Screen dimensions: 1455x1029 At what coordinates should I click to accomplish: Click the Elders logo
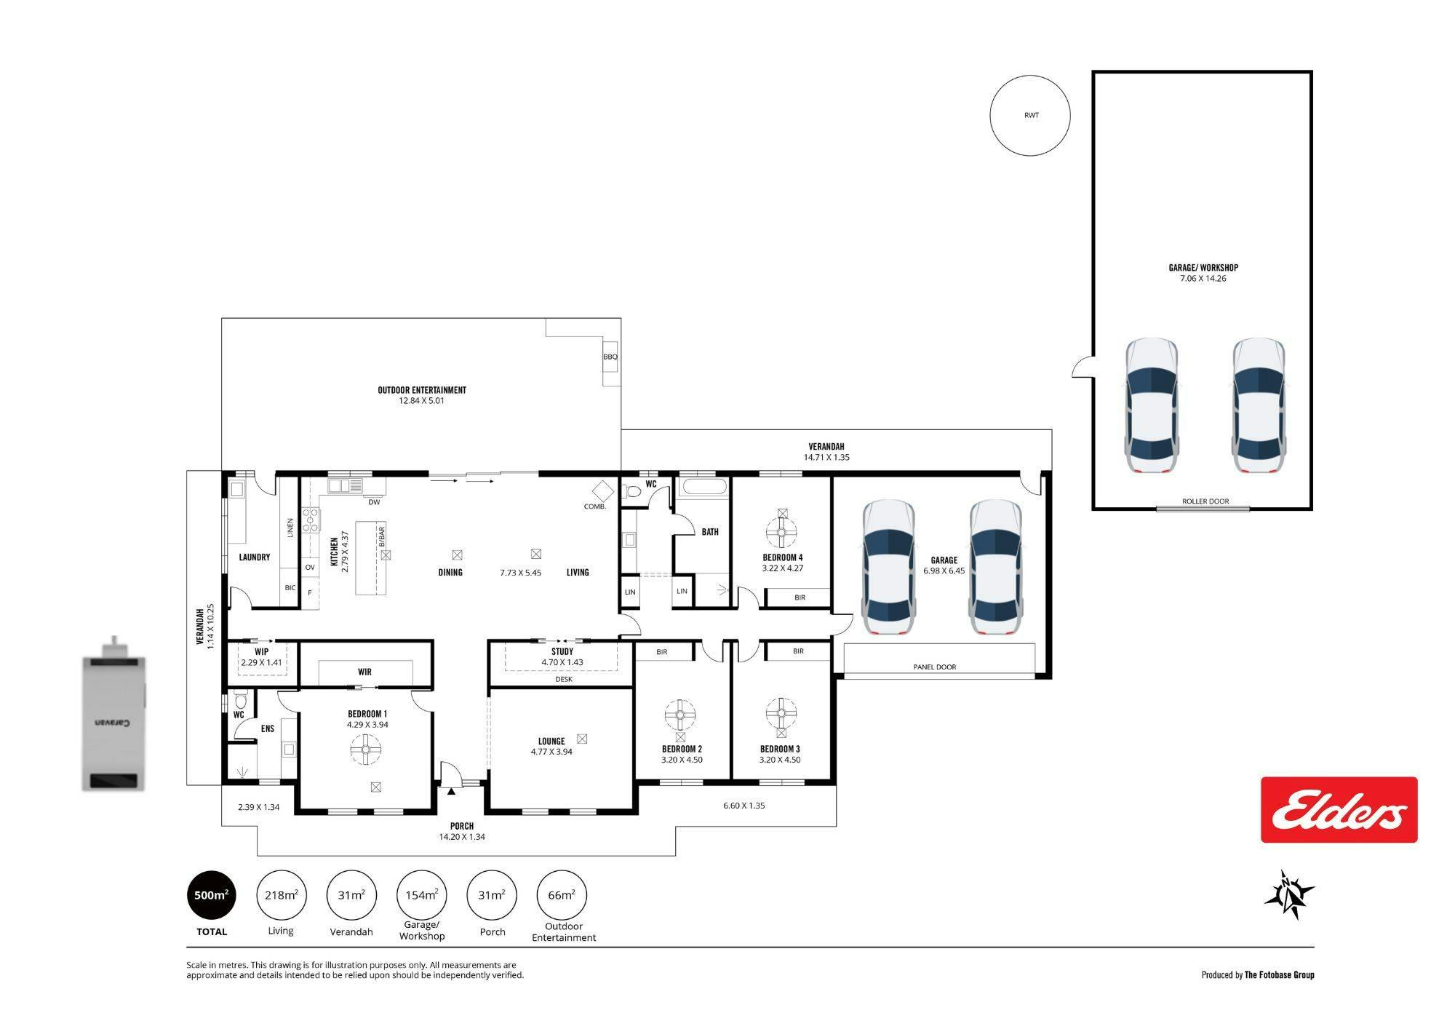pos(1339,809)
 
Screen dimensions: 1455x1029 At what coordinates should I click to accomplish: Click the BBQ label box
pos(610,356)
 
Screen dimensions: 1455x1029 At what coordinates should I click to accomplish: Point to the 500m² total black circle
pos(212,895)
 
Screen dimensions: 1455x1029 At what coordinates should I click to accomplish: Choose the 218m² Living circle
pos(281,895)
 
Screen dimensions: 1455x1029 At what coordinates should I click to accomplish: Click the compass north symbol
pos(1290,894)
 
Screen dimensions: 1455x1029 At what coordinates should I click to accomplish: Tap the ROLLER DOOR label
pos(1205,501)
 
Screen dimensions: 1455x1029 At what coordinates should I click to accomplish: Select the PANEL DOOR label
pos(935,667)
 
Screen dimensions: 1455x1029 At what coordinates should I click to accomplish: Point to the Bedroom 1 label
pos(367,714)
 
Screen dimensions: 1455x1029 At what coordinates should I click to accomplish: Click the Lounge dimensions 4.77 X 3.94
pos(551,752)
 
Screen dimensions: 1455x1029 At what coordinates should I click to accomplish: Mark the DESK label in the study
pos(564,679)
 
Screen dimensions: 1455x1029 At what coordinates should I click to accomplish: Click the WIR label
pos(364,672)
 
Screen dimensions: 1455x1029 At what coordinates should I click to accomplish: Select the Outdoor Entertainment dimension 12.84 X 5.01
pos(422,400)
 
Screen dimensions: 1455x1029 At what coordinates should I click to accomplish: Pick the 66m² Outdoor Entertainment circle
pos(562,895)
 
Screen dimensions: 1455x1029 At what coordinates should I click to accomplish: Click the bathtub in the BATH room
pos(703,488)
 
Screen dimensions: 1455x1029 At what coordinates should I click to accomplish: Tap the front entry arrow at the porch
pos(451,791)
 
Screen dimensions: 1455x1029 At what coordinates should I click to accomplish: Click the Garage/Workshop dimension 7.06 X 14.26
pos(1203,278)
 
